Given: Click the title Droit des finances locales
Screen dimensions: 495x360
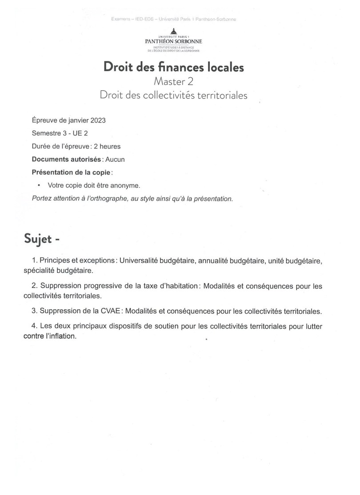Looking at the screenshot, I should pos(174,67).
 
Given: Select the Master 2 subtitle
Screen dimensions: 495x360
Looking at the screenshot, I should pos(174,82).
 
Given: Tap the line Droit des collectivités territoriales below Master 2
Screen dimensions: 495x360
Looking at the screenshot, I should pos(174,95).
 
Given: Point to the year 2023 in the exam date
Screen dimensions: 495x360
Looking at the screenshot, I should pos(97,120).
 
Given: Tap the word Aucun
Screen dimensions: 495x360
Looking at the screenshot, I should pos(115,159).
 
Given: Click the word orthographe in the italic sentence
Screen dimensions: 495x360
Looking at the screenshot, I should pos(104,198).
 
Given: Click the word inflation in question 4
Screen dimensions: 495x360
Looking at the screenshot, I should pos(62,336).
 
